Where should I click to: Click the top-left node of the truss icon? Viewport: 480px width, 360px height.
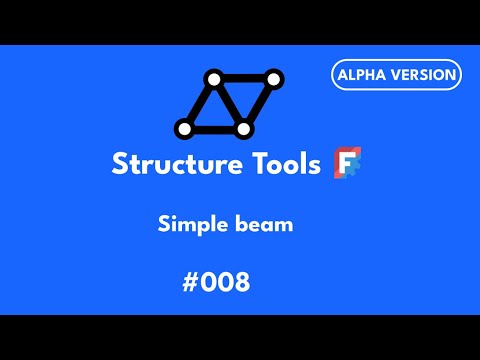coord(212,79)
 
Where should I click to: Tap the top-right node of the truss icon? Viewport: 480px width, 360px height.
coord(273,79)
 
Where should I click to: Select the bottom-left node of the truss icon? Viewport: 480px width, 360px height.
coord(184,128)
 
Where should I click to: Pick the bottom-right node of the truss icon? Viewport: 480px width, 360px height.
coord(243,128)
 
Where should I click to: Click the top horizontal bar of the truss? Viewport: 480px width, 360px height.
coord(242,79)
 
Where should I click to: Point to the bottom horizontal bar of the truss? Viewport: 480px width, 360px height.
coord(213,128)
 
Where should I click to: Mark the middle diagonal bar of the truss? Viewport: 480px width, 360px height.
coord(228,104)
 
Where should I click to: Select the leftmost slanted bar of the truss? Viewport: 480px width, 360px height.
coord(198,104)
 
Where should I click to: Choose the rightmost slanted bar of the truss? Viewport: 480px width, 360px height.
coord(258,104)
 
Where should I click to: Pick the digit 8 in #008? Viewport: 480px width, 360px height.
coord(239,282)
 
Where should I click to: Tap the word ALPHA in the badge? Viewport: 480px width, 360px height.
coord(367,74)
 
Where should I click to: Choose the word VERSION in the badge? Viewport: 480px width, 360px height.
coord(423,74)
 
